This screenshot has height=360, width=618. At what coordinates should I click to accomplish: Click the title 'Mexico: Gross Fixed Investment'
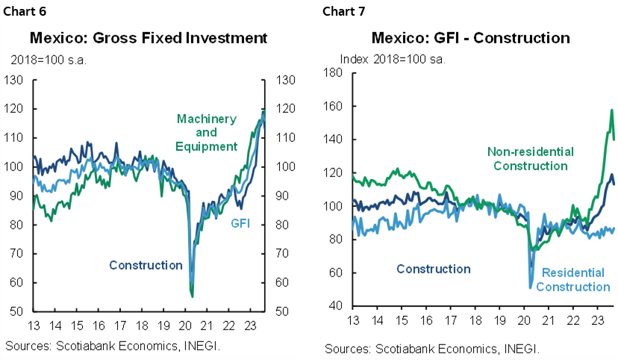147,37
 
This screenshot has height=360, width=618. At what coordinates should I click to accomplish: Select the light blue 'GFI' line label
240,223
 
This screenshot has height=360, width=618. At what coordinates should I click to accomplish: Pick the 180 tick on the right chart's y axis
332,72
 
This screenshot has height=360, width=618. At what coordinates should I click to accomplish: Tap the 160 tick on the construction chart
332,106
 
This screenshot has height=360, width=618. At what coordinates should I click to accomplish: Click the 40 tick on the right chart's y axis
335,306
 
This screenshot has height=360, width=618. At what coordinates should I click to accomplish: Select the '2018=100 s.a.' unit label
49,60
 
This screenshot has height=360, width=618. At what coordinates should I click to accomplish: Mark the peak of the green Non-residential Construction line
612,110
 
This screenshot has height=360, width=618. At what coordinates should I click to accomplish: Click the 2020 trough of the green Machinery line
193,297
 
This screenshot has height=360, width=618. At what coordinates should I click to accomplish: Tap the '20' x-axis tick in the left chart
186,326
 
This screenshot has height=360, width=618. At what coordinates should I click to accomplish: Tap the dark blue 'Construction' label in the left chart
146,265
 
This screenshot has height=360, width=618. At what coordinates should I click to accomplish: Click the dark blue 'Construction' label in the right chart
433,269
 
